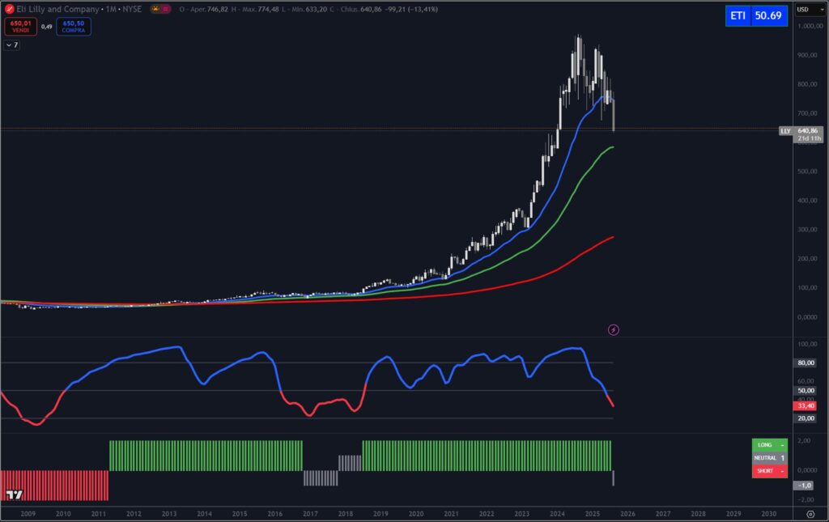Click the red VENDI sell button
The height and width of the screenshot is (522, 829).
pyautogui.click(x=20, y=27)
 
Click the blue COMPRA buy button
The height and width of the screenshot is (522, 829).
pyautogui.click(x=74, y=27)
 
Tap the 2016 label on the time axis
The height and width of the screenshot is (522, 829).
pyautogui.click(x=275, y=514)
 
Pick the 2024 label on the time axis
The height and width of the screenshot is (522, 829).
pyautogui.click(x=557, y=514)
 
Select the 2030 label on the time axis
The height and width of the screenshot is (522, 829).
pyautogui.click(x=768, y=514)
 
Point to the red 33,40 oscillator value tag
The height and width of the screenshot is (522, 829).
pyautogui.click(x=806, y=406)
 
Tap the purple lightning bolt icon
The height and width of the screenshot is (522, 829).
pyautogui.click(x=614, y=329)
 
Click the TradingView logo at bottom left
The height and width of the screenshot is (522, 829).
pyautogui.click(x=14, y=494)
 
